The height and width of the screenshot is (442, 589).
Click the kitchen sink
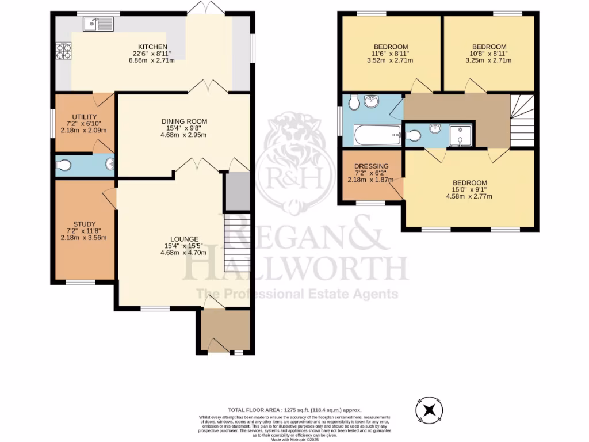point(98,24)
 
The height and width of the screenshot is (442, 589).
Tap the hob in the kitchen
point(63,52)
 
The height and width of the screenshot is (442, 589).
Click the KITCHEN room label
point(152,47)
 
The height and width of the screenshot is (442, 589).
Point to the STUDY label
point(85,224)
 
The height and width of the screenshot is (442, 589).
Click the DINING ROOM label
point(184,121)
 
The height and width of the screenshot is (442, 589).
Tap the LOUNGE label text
point(184,239)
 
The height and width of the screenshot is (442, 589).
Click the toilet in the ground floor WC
point(64,166)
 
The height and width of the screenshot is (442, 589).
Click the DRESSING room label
point(370,166)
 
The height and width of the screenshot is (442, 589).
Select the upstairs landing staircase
point(522,121)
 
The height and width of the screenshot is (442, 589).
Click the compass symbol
point(429,410)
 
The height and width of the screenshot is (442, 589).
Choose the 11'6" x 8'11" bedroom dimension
point(391,54)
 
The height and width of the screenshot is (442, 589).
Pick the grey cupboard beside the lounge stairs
point(237,192)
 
